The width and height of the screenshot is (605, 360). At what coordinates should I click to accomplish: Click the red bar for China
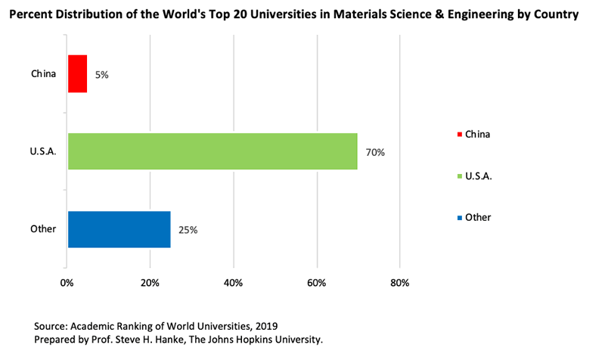pos(77,73)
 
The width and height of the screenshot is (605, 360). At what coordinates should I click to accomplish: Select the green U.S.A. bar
pos(213,151)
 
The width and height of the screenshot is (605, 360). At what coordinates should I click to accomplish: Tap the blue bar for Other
pos(119,229)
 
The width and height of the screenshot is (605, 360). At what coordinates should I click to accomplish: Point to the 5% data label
pos(101,75)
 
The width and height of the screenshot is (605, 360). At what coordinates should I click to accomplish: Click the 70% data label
pos(376,152)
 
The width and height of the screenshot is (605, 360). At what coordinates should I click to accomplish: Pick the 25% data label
pos(188,230)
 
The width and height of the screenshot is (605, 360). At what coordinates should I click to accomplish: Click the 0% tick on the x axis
pos(67,283)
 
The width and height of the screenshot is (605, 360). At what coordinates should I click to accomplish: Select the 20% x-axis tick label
pos(150,283)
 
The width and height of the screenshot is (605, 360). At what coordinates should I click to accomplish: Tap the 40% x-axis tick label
pos(233,283)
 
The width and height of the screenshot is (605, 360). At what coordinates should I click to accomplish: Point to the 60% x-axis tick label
pos(316,283)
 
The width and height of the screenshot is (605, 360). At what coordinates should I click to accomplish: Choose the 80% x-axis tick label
pos(399,283)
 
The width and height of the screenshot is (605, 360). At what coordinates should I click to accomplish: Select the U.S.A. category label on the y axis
pos(42,151)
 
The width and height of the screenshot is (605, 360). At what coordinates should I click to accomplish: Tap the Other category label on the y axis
pos(43,229)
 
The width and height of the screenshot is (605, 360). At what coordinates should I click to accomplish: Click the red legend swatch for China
pos(459,135)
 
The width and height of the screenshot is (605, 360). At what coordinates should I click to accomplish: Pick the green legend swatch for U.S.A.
pos(459,176)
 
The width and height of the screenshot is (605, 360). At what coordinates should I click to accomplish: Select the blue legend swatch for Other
pos(459,218)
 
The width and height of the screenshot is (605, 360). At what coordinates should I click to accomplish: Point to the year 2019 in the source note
pos(265,325)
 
